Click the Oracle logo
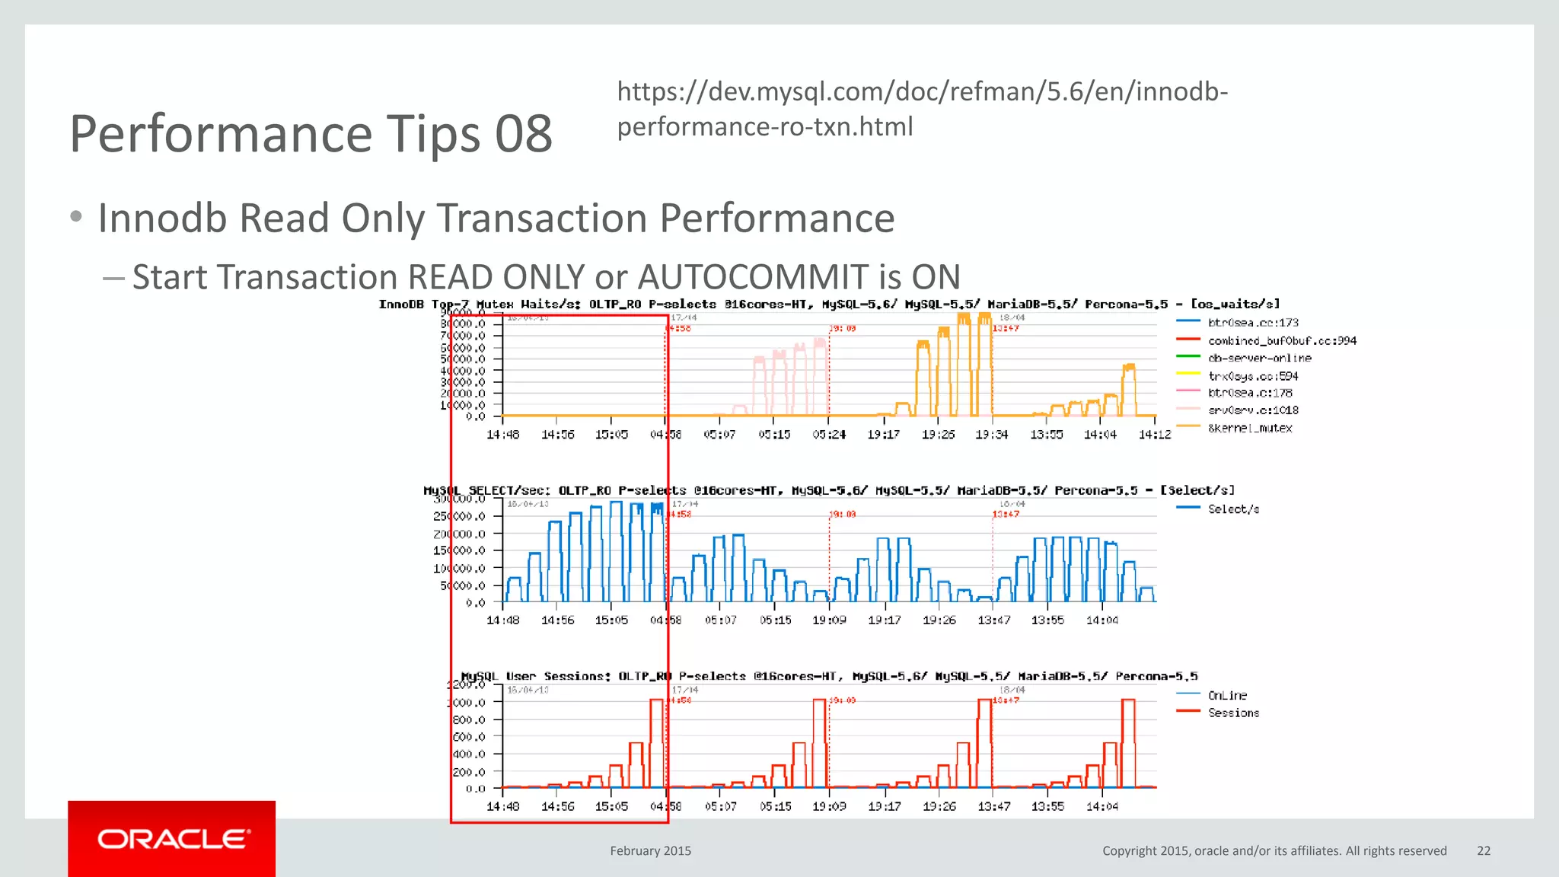(x=172, y=839)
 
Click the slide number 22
(x=1484, y=851)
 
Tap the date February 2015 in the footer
(x=650, y=851)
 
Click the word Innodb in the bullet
(x=163, y=218)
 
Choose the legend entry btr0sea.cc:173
(x=1253, y=323)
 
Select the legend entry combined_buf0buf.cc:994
(x=1282, y=341)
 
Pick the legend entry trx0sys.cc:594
(x=1253, y=376)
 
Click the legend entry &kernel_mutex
(x=1250, y=429)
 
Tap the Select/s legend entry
(x=1233, y=509)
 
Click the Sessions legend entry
(x=1233, y=713)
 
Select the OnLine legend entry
(x=1227, y=696)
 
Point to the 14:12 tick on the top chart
(x=1154, y=435)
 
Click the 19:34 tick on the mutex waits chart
(x=992, y=435)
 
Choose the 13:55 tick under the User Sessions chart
(x=1047, y=806)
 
